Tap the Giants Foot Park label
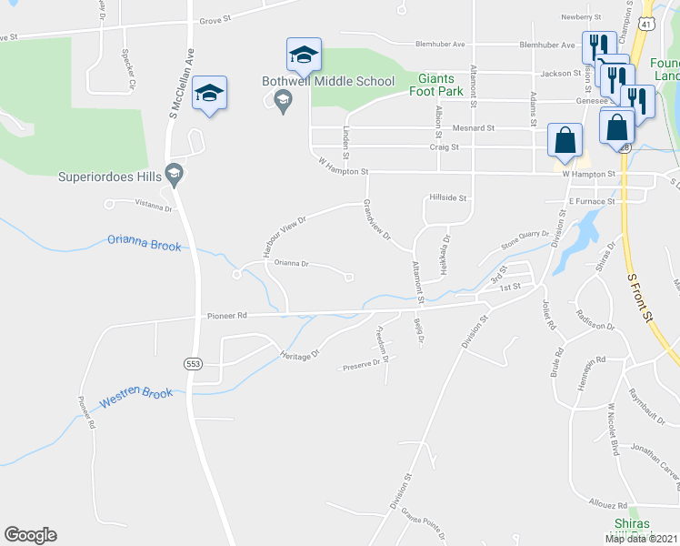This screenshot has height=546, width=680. [441, 85]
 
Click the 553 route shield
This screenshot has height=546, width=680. [192, 363]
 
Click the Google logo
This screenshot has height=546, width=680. [29, 534]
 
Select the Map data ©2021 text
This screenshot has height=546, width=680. [642, 539]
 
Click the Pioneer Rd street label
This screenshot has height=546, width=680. [227, 317]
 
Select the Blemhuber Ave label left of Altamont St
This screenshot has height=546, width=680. [440, 43]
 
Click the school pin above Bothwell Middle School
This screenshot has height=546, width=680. [303, 54]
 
